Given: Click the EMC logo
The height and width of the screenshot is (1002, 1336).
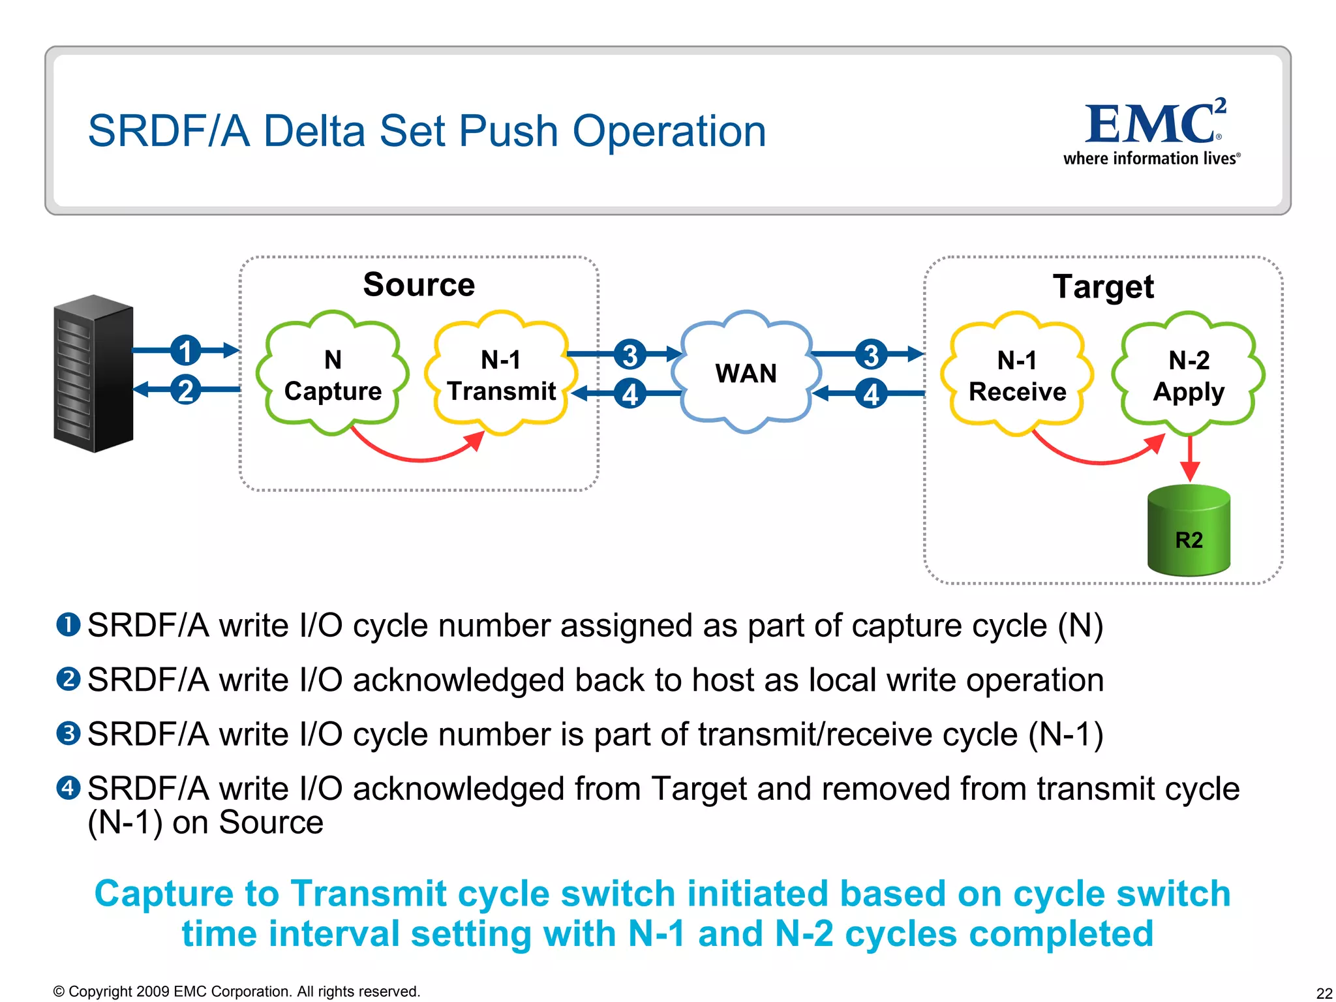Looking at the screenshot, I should [1151, 130].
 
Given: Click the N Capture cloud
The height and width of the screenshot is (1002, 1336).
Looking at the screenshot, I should [333, 374].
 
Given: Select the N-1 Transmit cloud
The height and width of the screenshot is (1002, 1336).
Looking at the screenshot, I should [501, 374].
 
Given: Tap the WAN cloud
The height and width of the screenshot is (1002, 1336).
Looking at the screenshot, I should [746, 373].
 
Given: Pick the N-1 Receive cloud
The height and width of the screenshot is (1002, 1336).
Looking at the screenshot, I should [1016, 376].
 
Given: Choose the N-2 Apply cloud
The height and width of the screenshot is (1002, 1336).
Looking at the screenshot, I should [1189, 376].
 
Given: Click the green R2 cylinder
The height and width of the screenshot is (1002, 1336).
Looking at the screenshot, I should [1189, 531].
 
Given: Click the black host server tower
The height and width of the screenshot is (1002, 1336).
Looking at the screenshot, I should [93, 374].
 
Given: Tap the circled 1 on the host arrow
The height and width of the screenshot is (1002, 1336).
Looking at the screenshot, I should [186, 350].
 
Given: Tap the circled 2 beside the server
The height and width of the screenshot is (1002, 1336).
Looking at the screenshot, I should [186, 389].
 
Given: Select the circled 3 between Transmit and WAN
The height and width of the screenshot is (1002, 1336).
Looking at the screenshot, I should [630, 354].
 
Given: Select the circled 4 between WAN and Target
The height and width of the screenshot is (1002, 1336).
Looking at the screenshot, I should [871, 393].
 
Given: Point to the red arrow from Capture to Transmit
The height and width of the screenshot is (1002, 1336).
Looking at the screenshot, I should [417, 456].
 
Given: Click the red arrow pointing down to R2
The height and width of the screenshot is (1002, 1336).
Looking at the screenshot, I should [1190, 459].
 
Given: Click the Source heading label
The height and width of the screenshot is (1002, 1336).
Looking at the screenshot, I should [419, 284].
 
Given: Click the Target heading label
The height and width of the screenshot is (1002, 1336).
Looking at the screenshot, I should [1103, 287].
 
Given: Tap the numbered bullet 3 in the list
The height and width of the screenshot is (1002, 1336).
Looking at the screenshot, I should [68, 734].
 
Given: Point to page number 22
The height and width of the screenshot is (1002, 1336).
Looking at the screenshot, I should [1324, 993].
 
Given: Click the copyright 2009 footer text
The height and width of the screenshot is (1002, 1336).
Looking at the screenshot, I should [236, 992].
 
